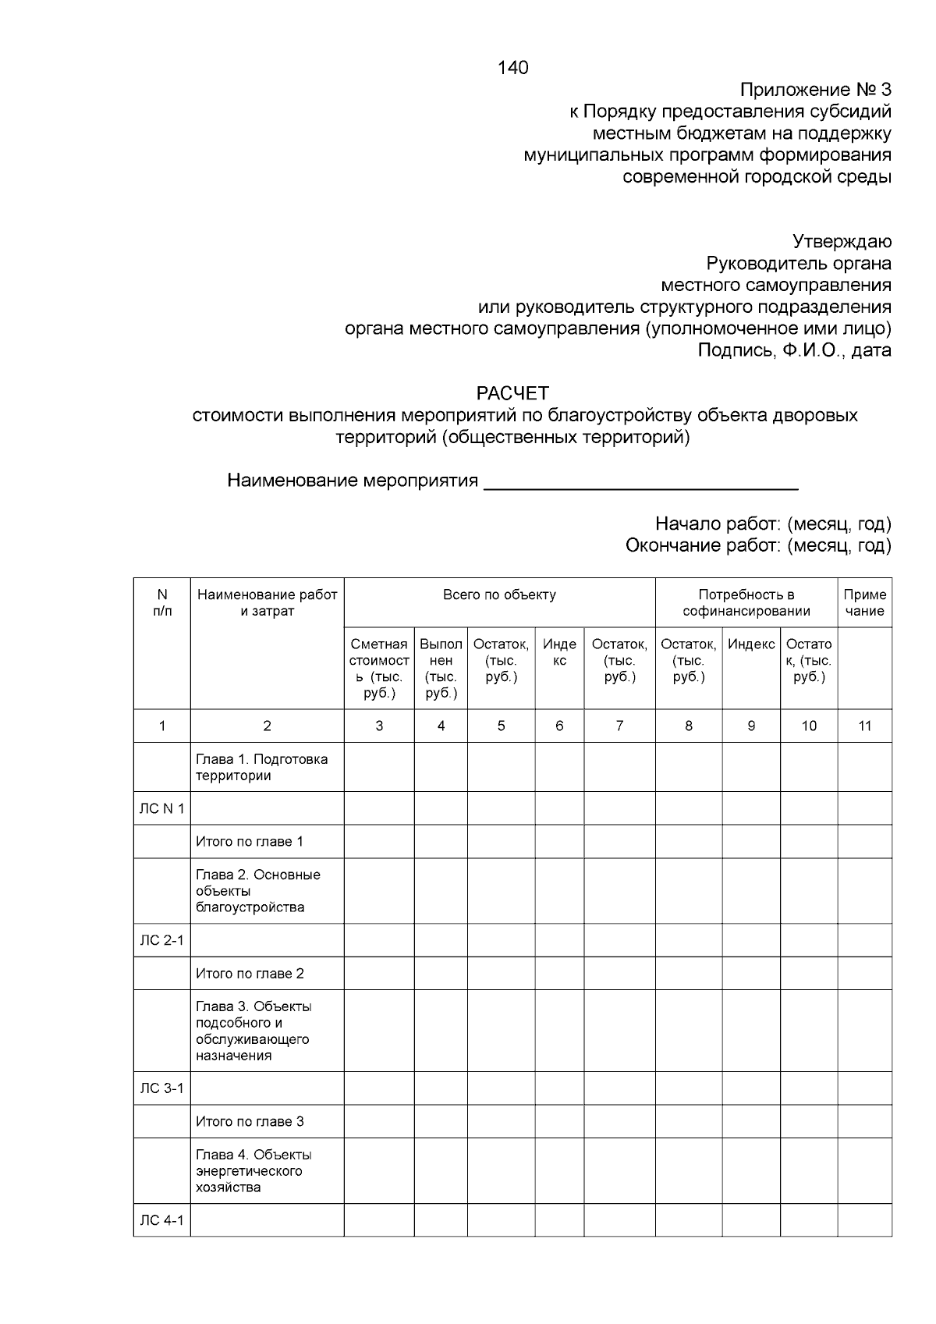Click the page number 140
(x=512, y=68)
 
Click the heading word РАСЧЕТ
(x=512, y=392)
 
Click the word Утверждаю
(x=842, y=241)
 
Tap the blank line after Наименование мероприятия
(x=640, y=482)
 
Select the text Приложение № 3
(x=815, y=90)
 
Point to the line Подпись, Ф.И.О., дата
(x=794, y=350)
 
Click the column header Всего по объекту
(x=499, y=595)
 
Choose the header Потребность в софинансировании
(x=746, y=602)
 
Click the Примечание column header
(x=864, y=602)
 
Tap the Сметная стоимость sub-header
(x=379, y=668)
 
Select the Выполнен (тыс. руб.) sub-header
(x=441, y=668)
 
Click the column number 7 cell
(x=619, y=726)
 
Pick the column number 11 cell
(x=864, y=726)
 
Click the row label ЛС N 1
(x=161, y=808)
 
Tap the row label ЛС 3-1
(x=161, y=1088)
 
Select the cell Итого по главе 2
(x=250, y=973)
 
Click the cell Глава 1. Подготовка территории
(x=261, y=767)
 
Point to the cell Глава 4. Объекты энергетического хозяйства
(x=253, y=1170)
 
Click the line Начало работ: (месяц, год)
(x=772, y=524)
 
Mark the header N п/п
(x=161, y=602)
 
